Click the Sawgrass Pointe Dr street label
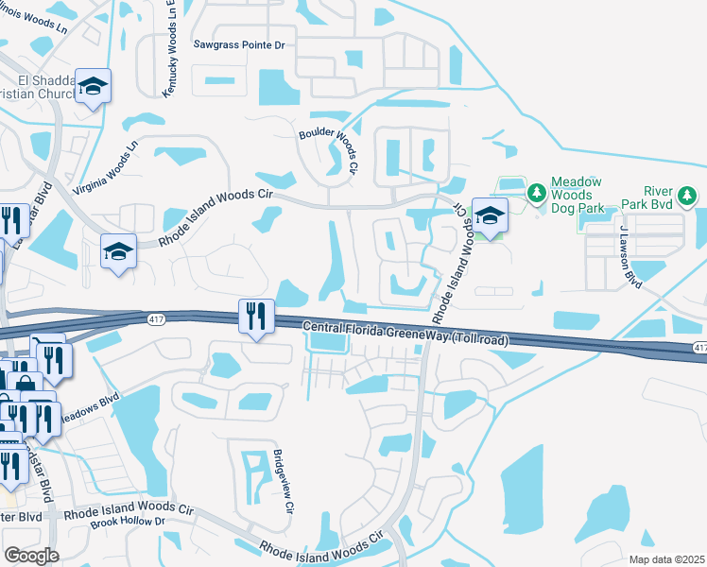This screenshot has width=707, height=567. [x=238, y=44]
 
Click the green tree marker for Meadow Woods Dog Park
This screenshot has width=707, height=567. [x=537, y=194]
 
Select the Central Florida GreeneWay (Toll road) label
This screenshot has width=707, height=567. [x=405, y=334]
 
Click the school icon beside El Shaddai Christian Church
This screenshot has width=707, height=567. [x=93, y=87]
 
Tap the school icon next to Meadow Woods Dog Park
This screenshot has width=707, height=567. [x=490, y=216]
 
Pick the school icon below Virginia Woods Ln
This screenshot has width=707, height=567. [x=118, y=252]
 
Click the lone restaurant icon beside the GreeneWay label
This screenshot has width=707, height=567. [x=254, y=316]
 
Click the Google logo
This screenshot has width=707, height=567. [x=31, y=556]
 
